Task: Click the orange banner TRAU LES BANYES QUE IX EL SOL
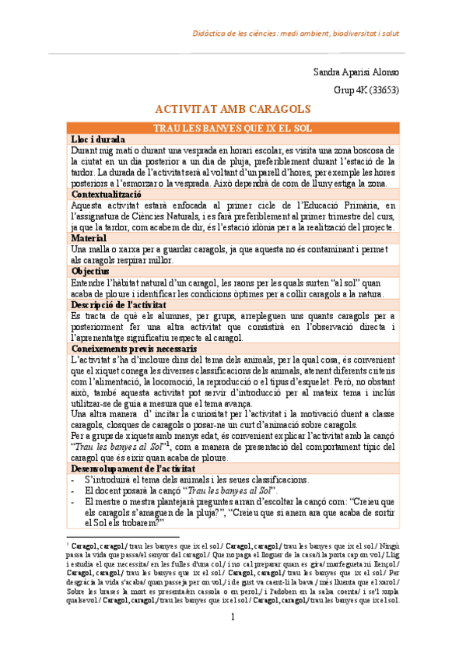point(233,126)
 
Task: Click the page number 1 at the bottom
point(233,639)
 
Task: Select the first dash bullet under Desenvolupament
point(72,479)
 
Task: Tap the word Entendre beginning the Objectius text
point(90,283)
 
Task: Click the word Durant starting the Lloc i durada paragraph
point(86,149)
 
